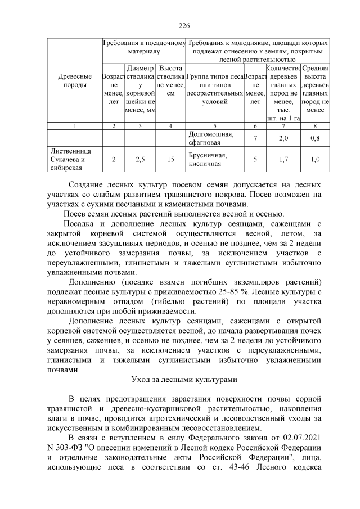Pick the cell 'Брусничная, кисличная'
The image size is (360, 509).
coord(214,159)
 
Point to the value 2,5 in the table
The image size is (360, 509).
coord(141,159)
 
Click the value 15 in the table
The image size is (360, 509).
coord(170,159)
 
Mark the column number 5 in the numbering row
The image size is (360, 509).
coord(214,126)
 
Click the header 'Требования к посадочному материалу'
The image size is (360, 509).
coord(143,47)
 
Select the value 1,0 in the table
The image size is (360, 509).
coord(315,159)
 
